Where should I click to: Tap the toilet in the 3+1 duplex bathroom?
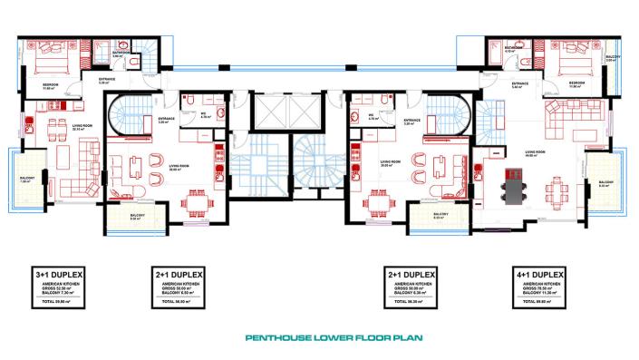135,66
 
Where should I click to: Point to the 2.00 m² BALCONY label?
610,59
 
